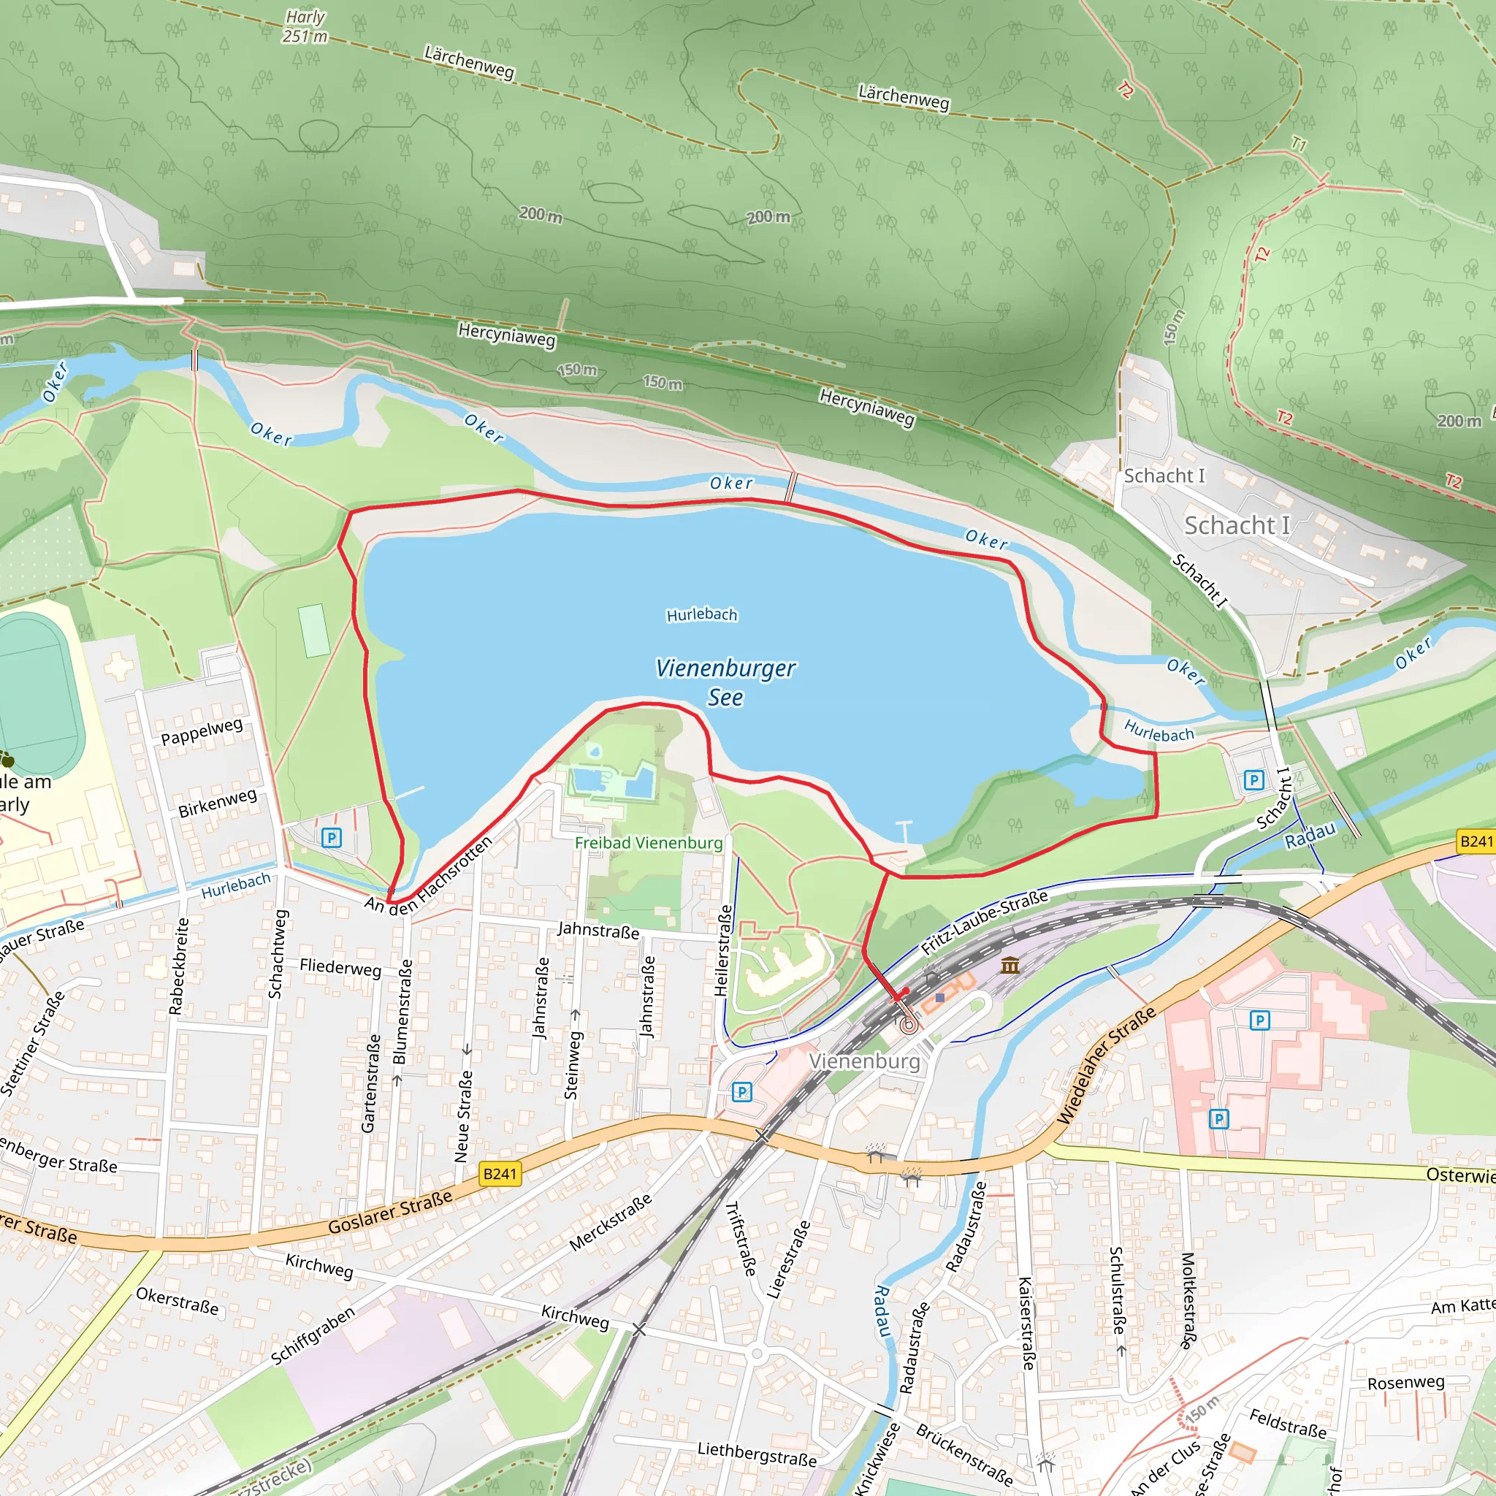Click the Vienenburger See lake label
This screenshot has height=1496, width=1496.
[x=725, y=682]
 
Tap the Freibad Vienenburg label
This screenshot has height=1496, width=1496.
[x=648, y=842]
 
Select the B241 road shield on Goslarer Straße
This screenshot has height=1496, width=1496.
[x=500, y=1174]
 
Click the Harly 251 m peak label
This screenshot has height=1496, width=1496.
[x=305, y=26]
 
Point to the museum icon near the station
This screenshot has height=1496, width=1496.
[x=1010, y=965]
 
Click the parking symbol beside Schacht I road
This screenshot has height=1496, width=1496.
[x=1253, y=779]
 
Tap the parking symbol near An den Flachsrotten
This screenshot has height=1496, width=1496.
[x=332, y=837]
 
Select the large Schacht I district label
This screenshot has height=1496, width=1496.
[x=1237, y=525]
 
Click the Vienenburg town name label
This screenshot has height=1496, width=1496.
[x=864, y=1061]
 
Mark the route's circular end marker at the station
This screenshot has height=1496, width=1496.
[x=909, y=1025]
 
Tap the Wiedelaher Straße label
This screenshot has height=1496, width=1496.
[x=1107, y=1066]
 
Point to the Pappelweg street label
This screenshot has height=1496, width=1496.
[x=202, y=732]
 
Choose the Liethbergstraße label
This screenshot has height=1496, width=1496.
[x=757, y=1454]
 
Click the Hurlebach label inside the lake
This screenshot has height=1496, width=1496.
[x=701, y=615]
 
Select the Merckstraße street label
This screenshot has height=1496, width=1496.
[x=610, y=1223]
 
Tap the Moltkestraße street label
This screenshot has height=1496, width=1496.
[x=1188, y=1301]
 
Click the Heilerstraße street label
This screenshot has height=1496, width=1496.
[x=722, y=950]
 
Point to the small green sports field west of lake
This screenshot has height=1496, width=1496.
[x=313, y=630]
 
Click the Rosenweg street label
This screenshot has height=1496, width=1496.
[x=1405, y=1382]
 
